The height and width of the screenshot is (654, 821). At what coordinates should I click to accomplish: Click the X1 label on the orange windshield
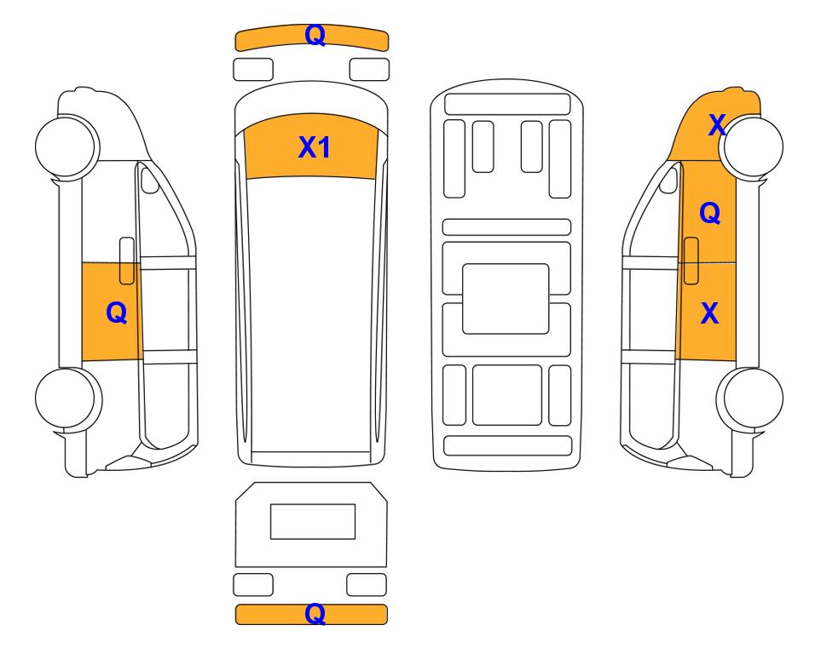[x=314, y=147]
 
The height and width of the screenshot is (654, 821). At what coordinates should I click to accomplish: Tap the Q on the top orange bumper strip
[x=315, y=36]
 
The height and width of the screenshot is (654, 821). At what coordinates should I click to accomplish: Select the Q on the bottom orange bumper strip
[x=315, y=613]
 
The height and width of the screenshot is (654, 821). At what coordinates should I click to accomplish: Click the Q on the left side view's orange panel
[x=116, y=313]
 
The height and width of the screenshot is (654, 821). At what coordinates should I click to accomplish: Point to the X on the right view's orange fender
[x=717, y=125]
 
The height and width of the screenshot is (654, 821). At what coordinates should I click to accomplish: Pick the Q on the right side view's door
[x=710, y=213]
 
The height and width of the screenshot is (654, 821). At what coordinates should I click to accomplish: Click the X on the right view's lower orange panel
[x=709, y=313]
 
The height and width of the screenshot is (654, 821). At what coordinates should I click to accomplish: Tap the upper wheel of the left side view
[x=67, y=146]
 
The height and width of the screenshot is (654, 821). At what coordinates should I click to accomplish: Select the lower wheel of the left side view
[x=68, y=399]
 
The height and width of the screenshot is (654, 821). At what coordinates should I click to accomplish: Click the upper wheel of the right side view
[x=751, y=146]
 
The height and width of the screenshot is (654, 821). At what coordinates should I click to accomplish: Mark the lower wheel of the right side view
[x=750, y=399]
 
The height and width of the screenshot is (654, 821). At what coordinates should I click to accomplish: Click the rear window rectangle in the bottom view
[x=313, y=521]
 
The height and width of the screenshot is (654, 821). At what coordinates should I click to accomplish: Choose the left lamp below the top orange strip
[x=253, y=70]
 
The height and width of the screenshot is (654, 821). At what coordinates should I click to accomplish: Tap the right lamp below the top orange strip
[x=369, y=70]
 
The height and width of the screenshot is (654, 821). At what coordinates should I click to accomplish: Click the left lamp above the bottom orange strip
[x=253, y=584]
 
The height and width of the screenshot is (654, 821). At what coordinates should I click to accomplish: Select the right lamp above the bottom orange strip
[x=367, y=584]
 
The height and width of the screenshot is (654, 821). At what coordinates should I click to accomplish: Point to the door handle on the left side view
[x=127, y=261]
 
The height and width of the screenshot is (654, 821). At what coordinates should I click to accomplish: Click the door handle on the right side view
[x=691, y=261]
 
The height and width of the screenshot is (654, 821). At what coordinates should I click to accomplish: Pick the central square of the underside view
[x=506, y=299]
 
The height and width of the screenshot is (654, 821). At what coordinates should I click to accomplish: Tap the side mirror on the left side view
[x=150, y=180]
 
